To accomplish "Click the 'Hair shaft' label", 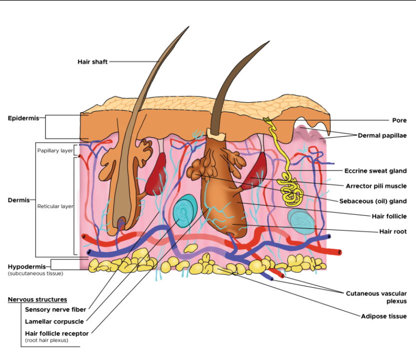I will point(92,62).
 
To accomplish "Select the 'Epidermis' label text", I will point(23,118).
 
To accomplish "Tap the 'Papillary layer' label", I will point(55,150).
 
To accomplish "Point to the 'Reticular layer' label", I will point(55,206).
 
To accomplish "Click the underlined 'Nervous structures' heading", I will point(37,300).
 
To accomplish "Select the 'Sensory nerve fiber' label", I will point(55,310).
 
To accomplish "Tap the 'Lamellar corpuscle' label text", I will point(54,322).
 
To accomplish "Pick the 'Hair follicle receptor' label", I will point(57,333).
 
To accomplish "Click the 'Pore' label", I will point(399,120).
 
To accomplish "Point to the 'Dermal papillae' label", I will point(382,135).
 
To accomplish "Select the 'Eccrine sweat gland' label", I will point(376,171).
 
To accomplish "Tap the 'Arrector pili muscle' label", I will point(376,186).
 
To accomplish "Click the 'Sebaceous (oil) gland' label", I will point(373,201).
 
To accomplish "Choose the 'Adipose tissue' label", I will point(384,316).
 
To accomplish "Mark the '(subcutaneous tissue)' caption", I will point(35,274).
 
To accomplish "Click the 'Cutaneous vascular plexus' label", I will point(376,297).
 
